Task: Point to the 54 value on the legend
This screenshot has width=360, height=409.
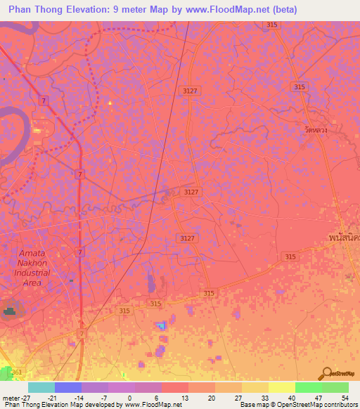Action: (345, 397)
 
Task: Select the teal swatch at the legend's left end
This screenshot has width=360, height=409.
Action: (41, 387)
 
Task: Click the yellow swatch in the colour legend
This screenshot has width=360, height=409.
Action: (281, 387)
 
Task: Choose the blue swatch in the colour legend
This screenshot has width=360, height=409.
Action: (68, 387)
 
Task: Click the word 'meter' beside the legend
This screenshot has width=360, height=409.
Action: (9, 397)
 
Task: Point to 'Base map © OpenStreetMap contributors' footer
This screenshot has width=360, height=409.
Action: (297, 405)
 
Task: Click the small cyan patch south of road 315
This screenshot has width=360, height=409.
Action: (163, 325)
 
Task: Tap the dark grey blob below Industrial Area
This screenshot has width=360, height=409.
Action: (10, 309)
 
